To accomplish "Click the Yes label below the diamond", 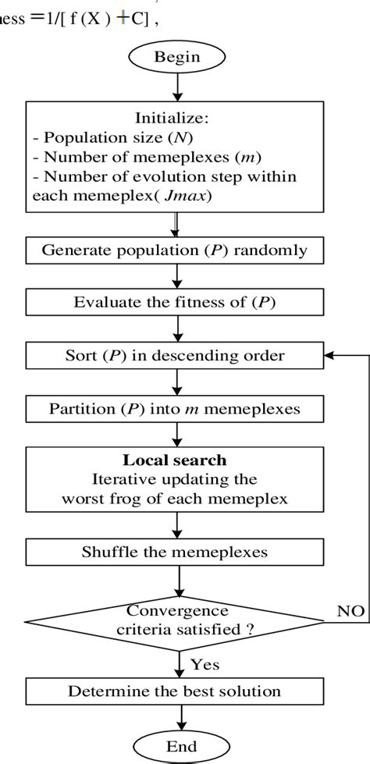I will (x=204, y=665).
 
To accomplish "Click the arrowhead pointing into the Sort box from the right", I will (x=329, y=355).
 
